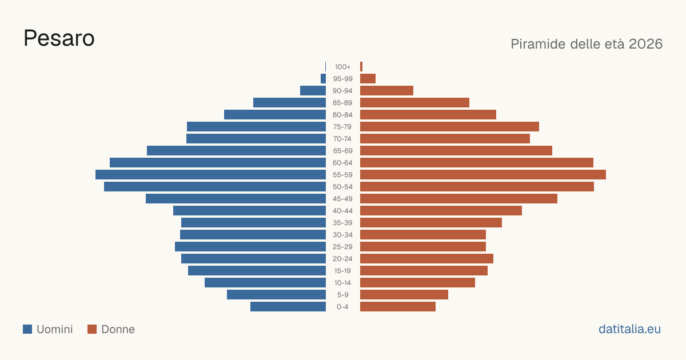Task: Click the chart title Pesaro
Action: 59,38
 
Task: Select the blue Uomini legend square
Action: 27,329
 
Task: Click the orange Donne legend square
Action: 92,329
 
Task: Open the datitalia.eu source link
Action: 629,329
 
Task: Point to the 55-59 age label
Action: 342,175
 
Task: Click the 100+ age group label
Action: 342,67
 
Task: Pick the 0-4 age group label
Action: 342,307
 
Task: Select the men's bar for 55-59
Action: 211,175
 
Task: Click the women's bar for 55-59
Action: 483,175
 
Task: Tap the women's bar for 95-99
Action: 368,79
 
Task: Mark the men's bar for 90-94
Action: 313,91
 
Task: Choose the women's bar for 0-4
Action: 398,307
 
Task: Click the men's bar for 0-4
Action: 288,307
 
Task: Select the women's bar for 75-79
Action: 449,127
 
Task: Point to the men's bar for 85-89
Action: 289,102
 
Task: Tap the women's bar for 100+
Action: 361,67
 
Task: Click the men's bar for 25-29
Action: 250,247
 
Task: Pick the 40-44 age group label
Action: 342,211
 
